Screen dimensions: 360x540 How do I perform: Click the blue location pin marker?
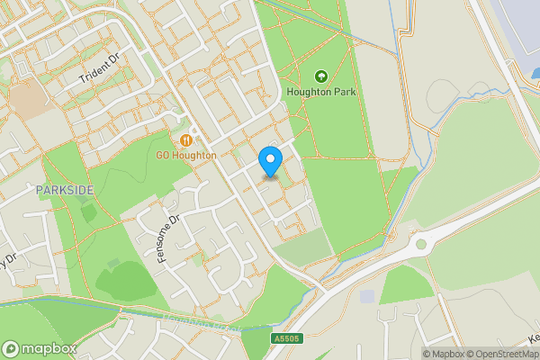coord(270,161)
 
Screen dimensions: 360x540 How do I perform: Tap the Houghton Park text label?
coord(321,92)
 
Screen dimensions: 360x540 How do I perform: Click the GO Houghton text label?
coord(186,156)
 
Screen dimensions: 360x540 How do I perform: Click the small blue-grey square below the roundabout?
coord(366,296)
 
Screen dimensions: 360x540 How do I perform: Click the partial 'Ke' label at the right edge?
coord(532,339)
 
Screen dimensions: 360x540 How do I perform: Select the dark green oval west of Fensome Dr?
coord(126,282)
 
